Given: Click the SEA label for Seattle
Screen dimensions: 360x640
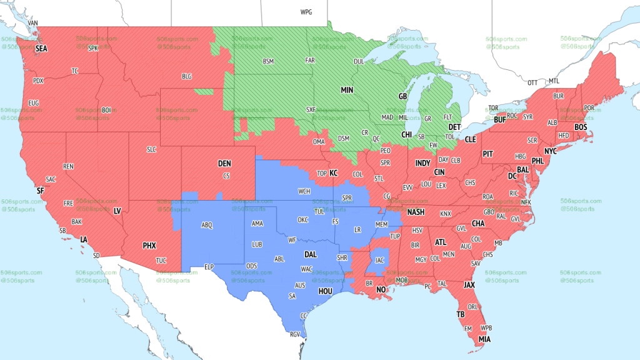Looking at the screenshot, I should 41,48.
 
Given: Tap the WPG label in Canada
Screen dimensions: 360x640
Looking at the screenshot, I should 306,12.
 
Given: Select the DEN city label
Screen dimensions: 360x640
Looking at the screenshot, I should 224,163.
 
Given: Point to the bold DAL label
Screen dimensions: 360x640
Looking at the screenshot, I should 310,254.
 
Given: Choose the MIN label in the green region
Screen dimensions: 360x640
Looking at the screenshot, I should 347,90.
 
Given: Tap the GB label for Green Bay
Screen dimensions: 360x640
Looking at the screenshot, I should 402,97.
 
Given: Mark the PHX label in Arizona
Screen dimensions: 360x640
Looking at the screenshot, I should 149,246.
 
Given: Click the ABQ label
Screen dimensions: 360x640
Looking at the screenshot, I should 207,224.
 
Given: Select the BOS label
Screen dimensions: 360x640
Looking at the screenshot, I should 581,127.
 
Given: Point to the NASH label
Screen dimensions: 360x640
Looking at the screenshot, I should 416,212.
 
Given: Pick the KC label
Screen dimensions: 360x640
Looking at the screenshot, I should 334,173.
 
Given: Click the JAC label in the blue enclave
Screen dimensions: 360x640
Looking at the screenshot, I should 379,259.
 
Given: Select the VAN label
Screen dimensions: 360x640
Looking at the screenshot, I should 34,23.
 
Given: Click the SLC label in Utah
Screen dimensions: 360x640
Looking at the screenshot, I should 151,149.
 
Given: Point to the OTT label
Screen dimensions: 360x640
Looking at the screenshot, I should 532,82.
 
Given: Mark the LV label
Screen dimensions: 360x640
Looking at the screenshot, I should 117,211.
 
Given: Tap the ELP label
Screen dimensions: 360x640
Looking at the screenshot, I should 209,267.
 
